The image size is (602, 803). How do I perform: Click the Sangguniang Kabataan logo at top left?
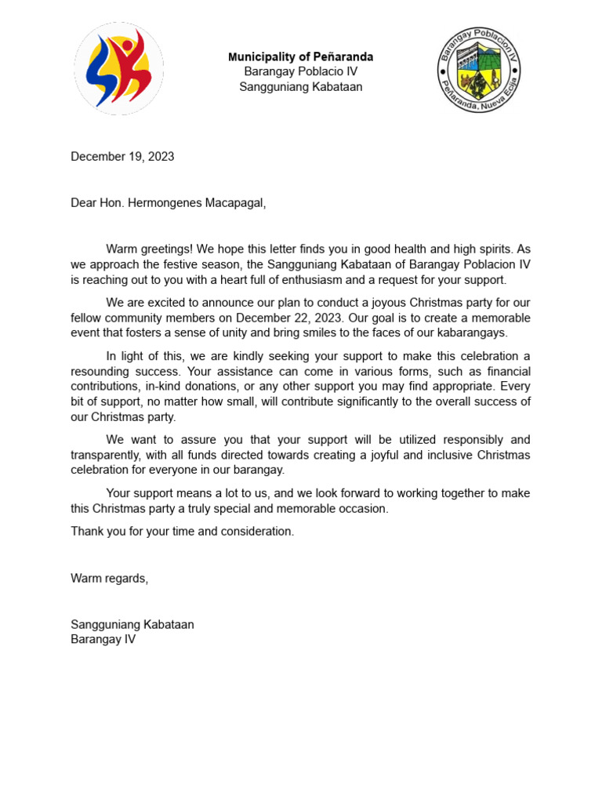tap(119, 69)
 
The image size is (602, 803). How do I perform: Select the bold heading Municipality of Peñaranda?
tap(300, 56)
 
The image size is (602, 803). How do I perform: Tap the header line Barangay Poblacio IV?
tap(300, 71)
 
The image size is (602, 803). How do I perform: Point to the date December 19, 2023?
tap(122, 156)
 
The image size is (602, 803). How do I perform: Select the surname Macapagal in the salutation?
tap(234, 203)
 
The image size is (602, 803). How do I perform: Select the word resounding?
tap(101, 371)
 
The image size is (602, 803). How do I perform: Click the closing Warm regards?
tap(109, 578)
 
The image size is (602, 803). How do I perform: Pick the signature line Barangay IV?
tap(103, 639)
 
